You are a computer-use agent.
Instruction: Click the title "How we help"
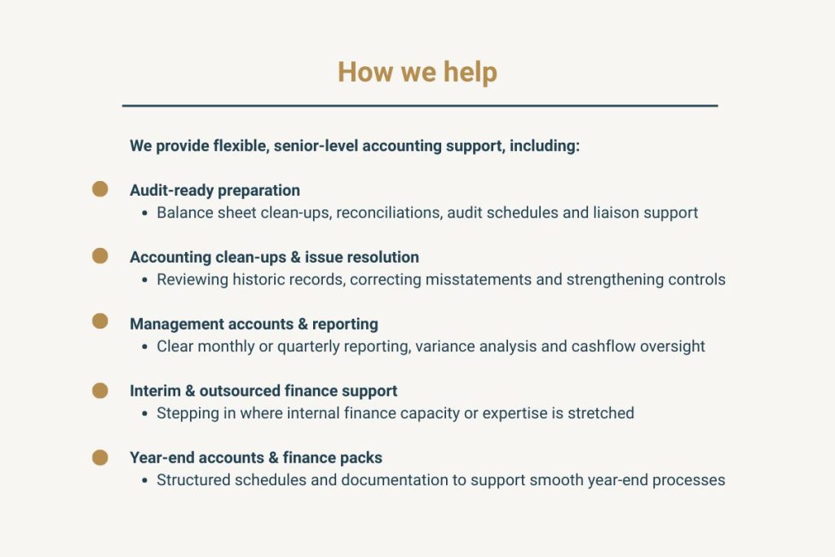point(417,72)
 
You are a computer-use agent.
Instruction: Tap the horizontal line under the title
point(419,106)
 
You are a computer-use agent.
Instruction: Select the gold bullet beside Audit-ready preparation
point(99,189)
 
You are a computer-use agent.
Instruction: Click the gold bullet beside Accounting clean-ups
point(99,256)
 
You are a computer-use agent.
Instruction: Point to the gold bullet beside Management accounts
point(99,322)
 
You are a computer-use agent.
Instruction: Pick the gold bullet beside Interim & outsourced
point(99,390)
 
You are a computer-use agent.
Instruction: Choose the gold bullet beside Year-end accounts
point(99,457)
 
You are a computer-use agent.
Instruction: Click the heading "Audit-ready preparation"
point(214,190)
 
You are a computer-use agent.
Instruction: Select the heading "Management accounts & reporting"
point(254,324)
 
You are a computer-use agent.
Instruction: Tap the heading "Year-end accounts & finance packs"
point(256,458)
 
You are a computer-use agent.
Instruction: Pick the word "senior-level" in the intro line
point(315,147)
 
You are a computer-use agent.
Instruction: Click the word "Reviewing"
point(193,280)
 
